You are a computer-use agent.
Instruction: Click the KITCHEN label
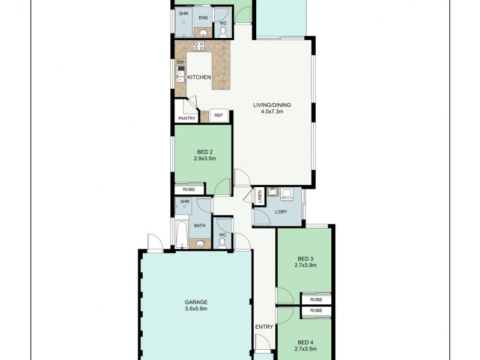(x=199, y=78)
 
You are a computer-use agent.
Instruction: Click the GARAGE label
(x=196, y=302)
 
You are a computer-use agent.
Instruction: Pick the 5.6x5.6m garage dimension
(x=196, y=309)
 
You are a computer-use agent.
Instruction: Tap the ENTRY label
(x=264, y=327)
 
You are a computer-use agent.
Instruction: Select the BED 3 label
(x=304, y=258)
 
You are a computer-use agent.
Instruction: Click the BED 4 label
(x=305, y=341)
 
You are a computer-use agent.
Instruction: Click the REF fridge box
(x=218, y=115)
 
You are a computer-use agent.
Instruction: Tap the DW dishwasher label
(x=179, y=62)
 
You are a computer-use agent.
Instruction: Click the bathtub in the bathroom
(x=181, y=235)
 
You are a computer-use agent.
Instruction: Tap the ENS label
(x=203, y=17)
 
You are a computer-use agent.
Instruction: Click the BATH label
(x=200, y=226)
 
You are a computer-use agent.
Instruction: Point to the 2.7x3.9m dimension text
(x=304, y=265)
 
